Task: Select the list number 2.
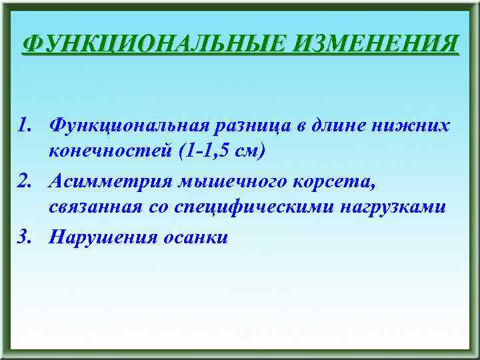(x=25, y=180)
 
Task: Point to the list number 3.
(x=25, y=237)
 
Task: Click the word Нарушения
(x=103, y=237)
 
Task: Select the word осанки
(x=195, y=237)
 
